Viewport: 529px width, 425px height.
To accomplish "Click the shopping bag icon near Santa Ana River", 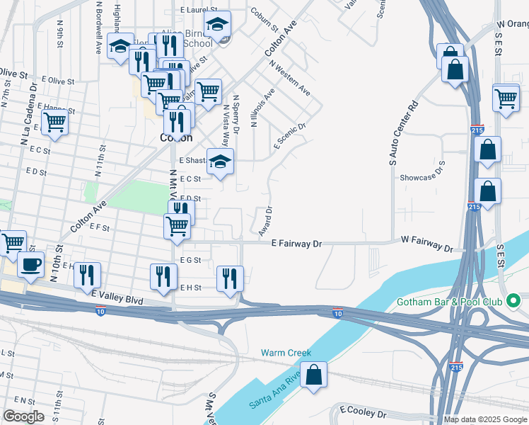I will click(314, 375).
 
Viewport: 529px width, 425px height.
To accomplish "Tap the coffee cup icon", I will click(30, 264).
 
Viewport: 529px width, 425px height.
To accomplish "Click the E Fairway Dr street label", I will click(296, 244).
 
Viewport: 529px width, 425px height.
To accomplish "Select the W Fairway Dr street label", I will click(426, 244).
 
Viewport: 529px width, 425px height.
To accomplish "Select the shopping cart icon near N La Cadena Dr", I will click(54, 122).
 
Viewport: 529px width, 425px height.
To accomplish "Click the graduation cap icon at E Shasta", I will click(220, 162).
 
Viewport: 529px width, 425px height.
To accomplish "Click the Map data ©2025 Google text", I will click(484, 419).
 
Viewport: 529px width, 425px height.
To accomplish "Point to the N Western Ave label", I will click(289, 81).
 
